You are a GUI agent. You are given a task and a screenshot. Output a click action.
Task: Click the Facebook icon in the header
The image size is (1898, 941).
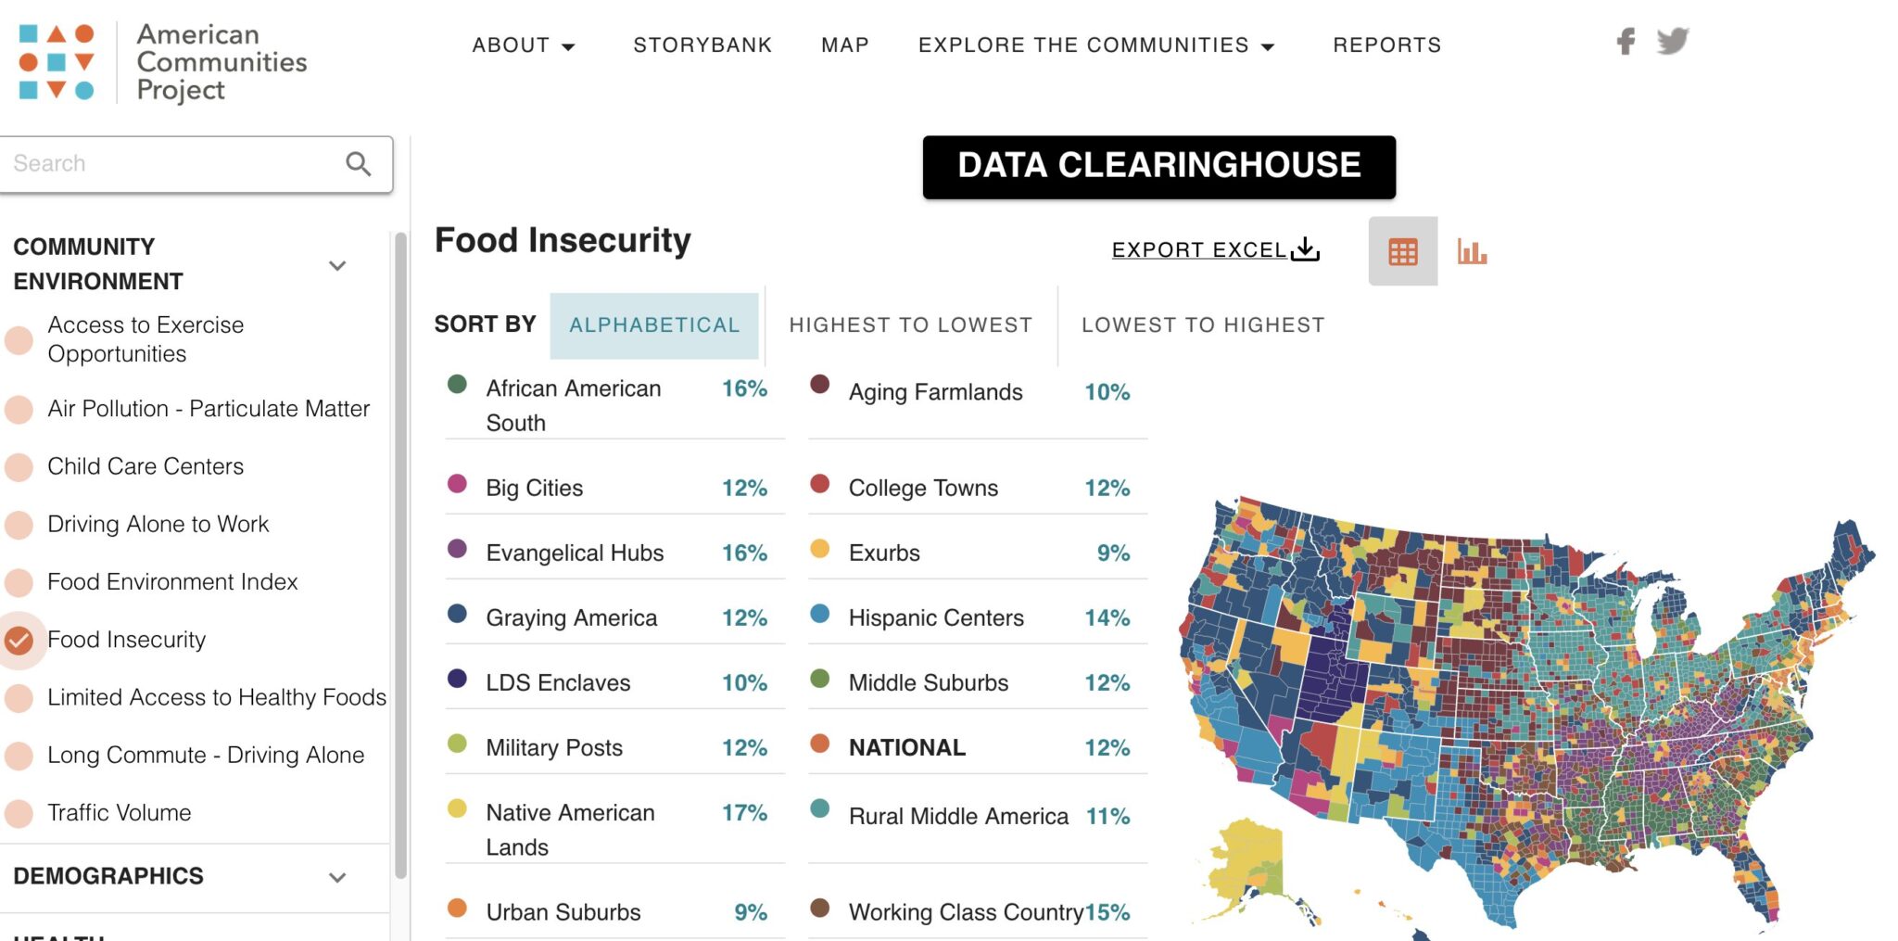tap(1626, 42)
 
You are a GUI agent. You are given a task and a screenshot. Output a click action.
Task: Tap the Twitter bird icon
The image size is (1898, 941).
tap(1673, 42)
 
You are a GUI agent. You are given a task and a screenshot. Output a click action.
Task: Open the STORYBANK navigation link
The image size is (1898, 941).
tap(702, 45)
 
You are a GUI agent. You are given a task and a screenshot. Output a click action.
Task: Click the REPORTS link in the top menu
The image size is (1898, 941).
tap(1386, 45)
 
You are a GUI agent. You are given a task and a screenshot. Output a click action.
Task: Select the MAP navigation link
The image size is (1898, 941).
tap(845, 45)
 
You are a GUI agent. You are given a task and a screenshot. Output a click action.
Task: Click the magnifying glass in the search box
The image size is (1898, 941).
tap(359, 164)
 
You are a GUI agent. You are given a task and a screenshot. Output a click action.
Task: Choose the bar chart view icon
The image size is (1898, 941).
tap(1472, 251)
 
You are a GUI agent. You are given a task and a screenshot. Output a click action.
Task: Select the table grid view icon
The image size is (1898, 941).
tap(1402, 251)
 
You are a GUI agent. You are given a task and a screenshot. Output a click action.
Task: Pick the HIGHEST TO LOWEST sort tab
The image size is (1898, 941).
tap(910, 325)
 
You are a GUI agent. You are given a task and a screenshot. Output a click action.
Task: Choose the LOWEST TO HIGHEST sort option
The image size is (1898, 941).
tap(1203, 325)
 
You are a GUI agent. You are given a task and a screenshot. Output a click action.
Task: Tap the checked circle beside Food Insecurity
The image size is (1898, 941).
tap(19, 641)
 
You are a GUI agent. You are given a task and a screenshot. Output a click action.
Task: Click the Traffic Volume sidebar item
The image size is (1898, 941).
tap(120, 813)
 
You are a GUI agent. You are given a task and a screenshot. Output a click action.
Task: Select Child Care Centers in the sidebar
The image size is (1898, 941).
tap(146, 466)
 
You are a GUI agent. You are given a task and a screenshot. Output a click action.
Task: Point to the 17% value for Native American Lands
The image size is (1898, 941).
tap(744, 813)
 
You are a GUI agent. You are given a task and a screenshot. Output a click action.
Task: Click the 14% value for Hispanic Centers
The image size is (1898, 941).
tap(1107, 618)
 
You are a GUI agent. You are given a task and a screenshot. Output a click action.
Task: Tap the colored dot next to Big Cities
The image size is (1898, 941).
tap(457, 483)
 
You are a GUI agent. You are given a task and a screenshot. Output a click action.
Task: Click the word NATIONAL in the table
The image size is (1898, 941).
tap(907, 748)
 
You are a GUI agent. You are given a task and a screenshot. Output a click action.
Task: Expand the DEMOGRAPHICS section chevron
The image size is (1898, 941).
tap(337, 877)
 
